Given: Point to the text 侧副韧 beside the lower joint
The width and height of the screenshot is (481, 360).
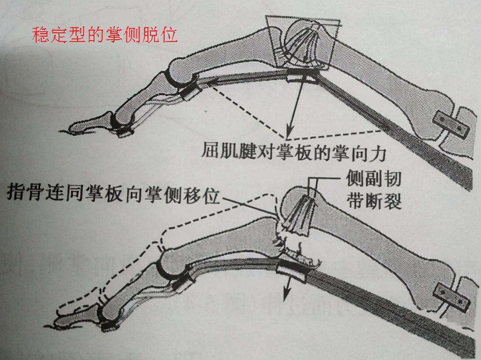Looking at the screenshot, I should point(372,179).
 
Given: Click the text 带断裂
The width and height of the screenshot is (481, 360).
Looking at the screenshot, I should point(372,201).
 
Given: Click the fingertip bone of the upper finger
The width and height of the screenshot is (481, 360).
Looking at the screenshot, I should point(90,123).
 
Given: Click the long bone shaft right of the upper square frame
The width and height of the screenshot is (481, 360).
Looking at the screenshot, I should point(385,79).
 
